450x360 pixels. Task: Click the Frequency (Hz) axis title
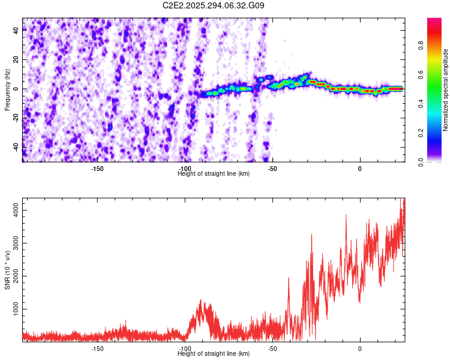(7, 89)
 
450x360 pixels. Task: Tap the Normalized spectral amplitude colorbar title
(446, 90)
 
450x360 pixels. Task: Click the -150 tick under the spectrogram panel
(97, 169)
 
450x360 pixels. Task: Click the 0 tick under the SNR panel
(360, 349)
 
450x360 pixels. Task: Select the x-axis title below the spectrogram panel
(214, 174)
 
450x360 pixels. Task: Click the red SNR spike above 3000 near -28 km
(311, 235)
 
